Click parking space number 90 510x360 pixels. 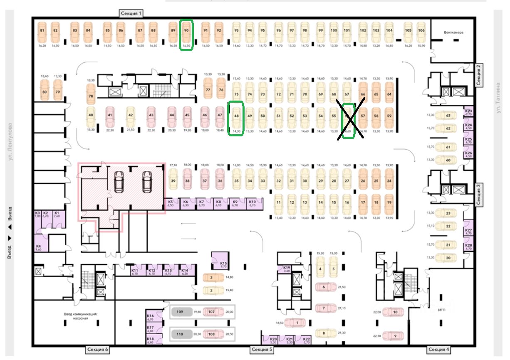coord(186,31)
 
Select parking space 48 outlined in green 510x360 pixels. coord(236,117)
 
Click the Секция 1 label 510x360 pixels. coord(131,13)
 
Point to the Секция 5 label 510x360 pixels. coord(262,350)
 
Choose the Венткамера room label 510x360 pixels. coord(453,32)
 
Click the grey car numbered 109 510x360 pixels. coord(180,312)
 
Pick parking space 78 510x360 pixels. coord(91,96)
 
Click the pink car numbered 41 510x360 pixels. coord(110,115)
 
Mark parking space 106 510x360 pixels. coord(421,31)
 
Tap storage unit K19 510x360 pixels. coord(286,269)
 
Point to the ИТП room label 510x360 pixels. coord(442,310)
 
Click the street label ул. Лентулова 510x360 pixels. coord(11,141)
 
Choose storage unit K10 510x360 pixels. coord(253,203)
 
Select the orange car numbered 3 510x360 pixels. coord(211,277)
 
